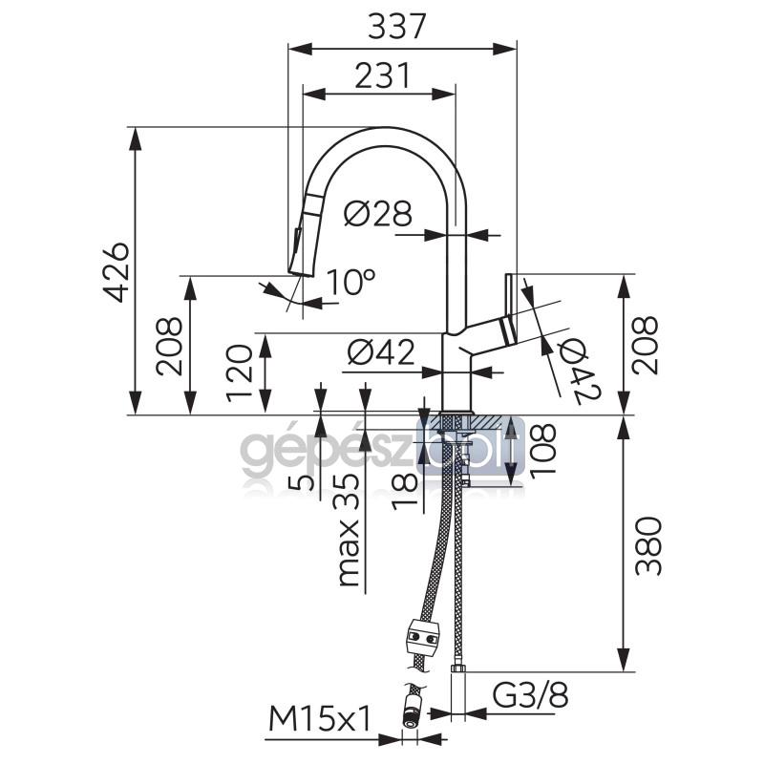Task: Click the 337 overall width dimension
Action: [397, 27]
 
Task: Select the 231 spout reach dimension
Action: [383, 75]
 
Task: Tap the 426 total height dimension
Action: [117, 272]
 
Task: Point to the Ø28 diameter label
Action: [378, 213]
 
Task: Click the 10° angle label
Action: [350, 282]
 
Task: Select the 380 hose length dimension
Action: [648, 546]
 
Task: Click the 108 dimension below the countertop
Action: [541, 448]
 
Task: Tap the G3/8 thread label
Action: [530, 696]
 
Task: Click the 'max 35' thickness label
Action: [348, 530]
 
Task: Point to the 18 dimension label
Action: [404, 491]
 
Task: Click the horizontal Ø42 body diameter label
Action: [381, 352]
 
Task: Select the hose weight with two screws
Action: [423, 637]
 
